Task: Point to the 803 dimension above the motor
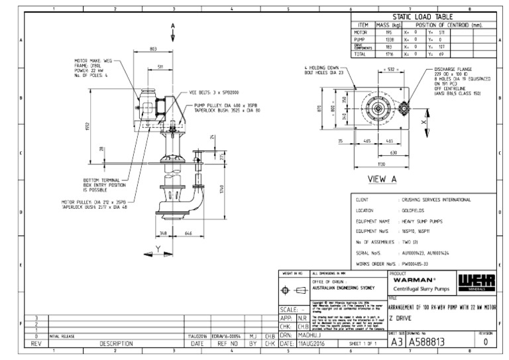point(153,49)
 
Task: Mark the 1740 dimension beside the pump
point(214,190)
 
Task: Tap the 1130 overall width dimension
point(381,164)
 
